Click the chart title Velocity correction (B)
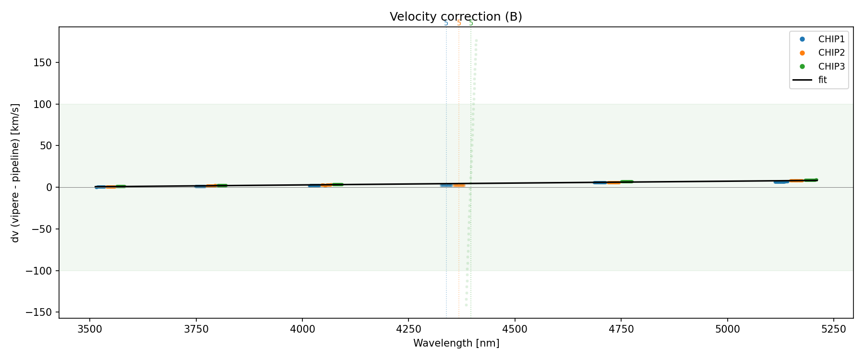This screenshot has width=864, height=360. tap(456, 17)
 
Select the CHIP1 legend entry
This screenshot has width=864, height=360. tap(831, 39)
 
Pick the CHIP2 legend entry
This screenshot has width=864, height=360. tap(831, 53)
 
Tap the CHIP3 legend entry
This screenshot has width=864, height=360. tap(831, 66)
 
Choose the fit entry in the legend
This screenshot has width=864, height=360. tap(823, 80)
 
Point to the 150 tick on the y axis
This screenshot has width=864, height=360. tap(45, 62)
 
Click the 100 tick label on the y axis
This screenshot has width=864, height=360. tap(45, 104)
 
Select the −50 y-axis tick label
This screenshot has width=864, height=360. tap(44, 229)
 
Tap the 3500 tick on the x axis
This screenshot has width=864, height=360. tap(90, 329)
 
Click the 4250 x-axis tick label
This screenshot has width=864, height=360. tap(408, 329)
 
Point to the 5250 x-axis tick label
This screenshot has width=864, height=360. tap(833, 329)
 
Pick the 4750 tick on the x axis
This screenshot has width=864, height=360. tap(621, 329)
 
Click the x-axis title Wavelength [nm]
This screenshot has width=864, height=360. tap(456, 343)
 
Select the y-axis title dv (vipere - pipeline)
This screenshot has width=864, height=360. tap(15, 173)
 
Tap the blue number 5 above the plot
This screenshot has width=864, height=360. tap(446, 23)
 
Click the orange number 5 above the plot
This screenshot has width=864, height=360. tap(459, 23)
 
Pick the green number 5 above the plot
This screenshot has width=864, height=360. tap(471, 23)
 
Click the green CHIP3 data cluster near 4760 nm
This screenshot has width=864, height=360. tap(627, 182)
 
